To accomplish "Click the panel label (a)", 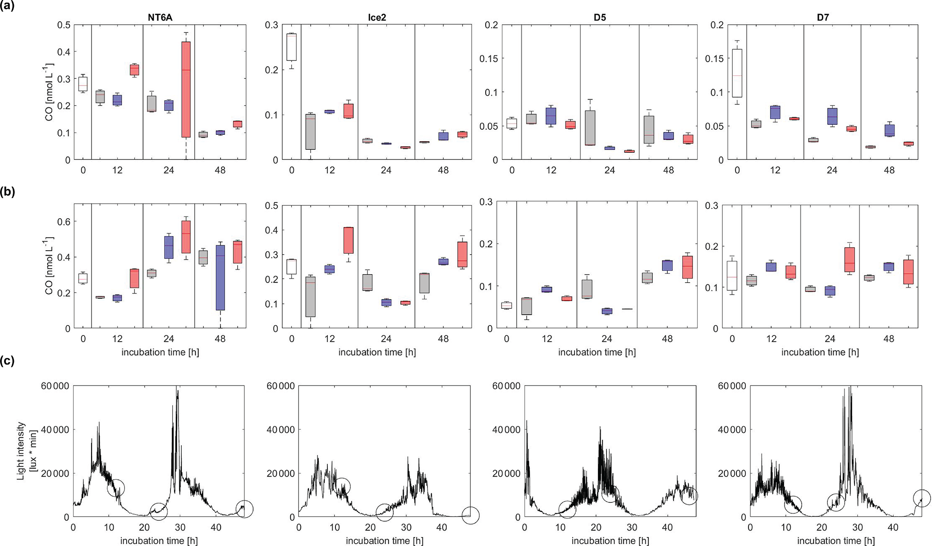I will click(x=8, y=7).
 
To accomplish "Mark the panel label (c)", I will click(x=8, y=361).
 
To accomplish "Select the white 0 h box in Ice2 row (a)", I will click(x=292, y=47).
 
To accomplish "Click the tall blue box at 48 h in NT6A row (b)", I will click(x=220, y=277).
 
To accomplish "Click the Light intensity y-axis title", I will click(x=26, y=451).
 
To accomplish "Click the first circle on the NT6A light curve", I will click(x=116, y=487).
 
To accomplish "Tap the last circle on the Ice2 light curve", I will click(x=470, y=516).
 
